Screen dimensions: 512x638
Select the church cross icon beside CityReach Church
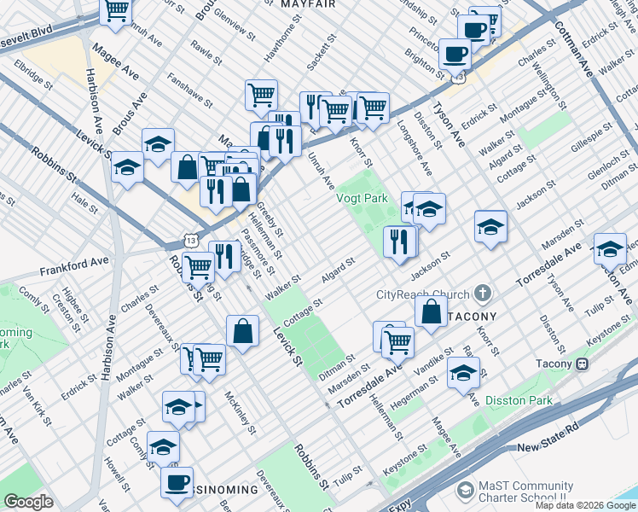484,294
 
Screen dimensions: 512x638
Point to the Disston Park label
519,400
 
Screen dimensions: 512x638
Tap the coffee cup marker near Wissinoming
177,483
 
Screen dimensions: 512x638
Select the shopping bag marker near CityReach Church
432,311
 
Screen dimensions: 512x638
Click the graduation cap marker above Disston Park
463,374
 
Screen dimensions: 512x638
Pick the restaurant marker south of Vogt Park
399,241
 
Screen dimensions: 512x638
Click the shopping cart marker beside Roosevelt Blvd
116,11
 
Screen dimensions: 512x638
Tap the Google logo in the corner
28,502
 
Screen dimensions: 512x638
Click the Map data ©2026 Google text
585,505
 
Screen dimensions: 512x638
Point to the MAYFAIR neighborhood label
308,4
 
